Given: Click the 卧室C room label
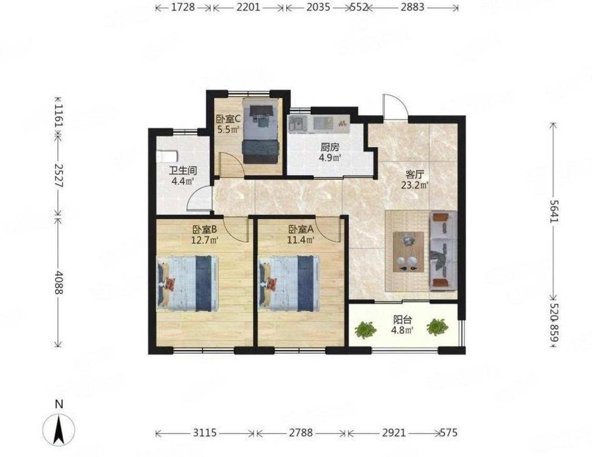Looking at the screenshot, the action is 228,119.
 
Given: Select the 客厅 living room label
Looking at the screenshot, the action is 415,175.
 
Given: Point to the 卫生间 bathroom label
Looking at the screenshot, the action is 183,171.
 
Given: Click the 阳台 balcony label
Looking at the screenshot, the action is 403,320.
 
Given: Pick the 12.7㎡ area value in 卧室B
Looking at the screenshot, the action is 205,240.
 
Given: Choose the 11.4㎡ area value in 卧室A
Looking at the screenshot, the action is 300,240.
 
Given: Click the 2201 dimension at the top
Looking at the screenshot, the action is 248,7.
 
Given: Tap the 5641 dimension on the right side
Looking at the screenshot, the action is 553,211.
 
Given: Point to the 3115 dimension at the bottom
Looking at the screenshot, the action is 205,432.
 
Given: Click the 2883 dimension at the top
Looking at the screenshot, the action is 412,7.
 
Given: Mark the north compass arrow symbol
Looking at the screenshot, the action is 58,430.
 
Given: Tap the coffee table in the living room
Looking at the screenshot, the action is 408,252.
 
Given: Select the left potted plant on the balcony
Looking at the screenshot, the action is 365,329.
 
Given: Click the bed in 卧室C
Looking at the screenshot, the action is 261,130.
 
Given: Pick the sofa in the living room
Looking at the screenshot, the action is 443,250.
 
